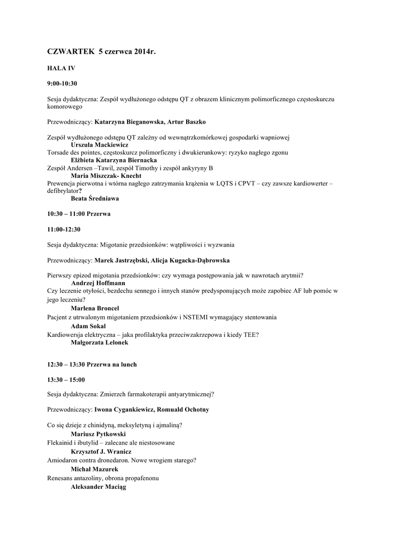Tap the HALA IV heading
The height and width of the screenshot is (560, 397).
pyautogui.click(x=61, y=68)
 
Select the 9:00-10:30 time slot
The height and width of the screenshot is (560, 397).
pyautogui.click(x=62, y=84)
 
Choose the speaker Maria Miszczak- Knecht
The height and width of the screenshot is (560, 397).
pyautogui.click(x=106, y=176)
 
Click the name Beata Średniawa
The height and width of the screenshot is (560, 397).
pyautogui.click(x=95, y=199)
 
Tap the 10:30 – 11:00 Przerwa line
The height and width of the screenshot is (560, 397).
pyautogui.click(x=79, y=214)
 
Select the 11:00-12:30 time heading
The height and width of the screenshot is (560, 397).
pyautogui.click(x=64, y=229)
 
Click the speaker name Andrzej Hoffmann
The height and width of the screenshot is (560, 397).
pyautogui.click(x=98, y=283)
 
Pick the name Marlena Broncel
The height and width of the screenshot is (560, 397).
pyautogui.click(x=95, y=308)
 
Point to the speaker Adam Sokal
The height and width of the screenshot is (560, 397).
pyautogui.click(x=88, y=325)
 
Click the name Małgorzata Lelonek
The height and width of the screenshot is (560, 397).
pyautogui.click(x=100, y=342)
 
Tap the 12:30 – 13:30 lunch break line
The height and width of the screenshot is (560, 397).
pyautogui.click(x=92, y=364)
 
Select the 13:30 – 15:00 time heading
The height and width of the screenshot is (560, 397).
pyautogui.click(x=66, y=380)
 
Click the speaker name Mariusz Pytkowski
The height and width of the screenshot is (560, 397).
pyautogui.click(x=98, y=434)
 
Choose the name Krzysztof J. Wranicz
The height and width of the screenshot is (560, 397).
pyautogui.click(x=101, y=452)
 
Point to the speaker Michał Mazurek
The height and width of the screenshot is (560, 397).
pyautogui.click(x=94, y=469)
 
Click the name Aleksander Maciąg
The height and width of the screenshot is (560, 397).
pyautogui.click(x=99, y=487)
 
